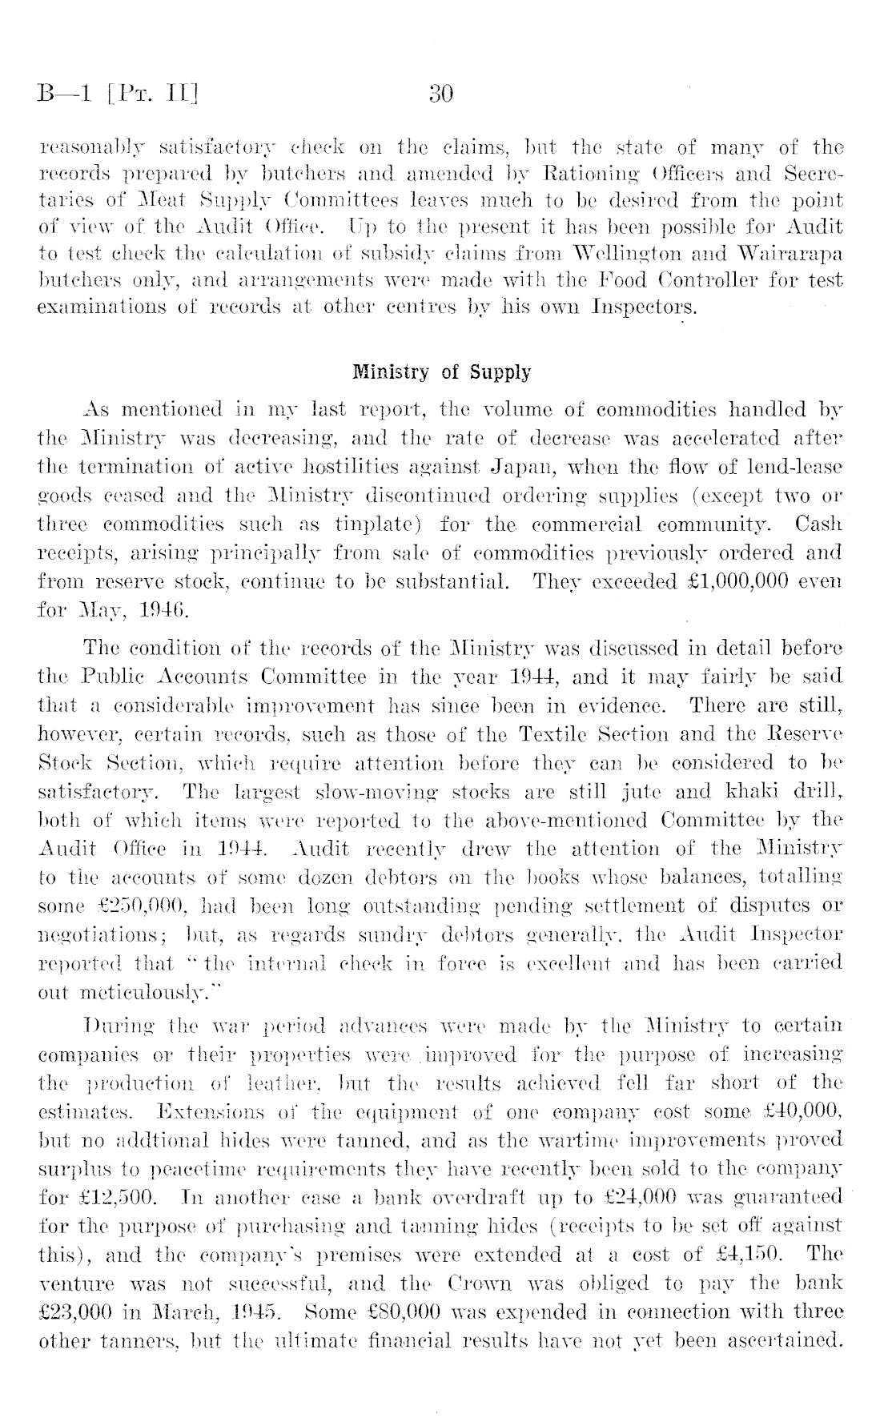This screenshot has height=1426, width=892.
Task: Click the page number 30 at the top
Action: tap(440, 95)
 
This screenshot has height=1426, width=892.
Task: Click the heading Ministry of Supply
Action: tap(441, 372)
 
